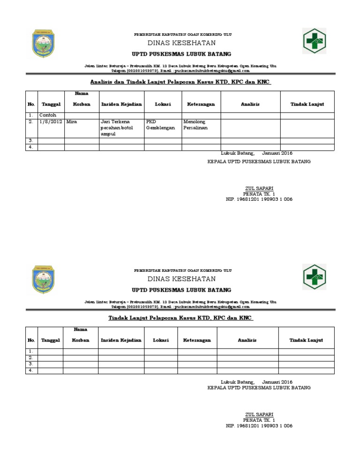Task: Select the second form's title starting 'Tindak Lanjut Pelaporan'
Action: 181,318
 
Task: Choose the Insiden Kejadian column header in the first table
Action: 121,104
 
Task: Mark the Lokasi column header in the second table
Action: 161,340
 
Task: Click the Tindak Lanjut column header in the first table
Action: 307,104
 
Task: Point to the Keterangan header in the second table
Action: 197,340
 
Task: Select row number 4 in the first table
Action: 30,147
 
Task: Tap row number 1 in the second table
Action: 30,351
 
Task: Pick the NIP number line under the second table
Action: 259,426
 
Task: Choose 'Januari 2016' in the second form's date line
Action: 277,381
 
